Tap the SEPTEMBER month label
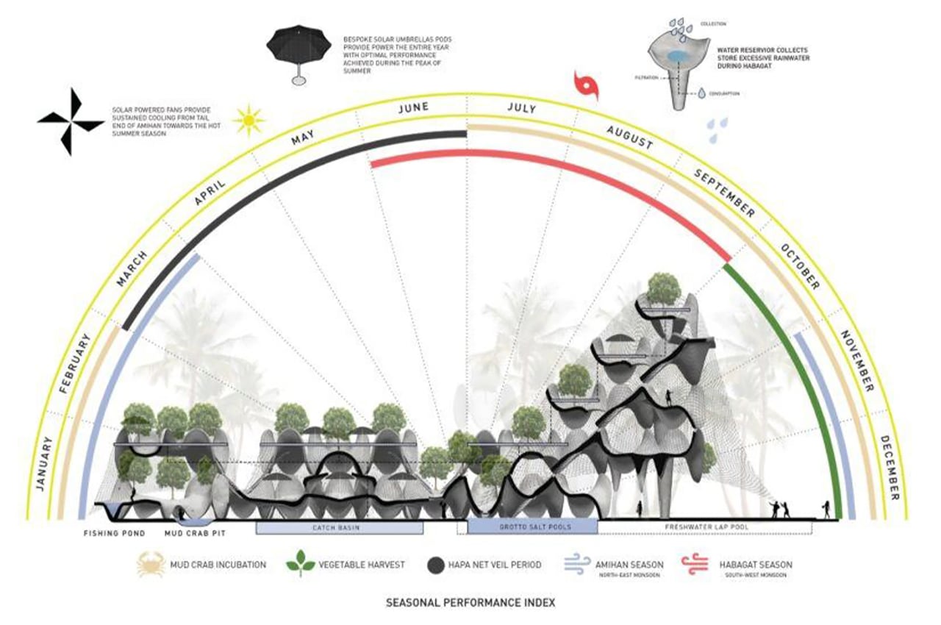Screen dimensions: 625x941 pyautogui.click(x=723, y=193)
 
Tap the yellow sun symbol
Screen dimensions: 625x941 pyautogui.click(x=248, y=119)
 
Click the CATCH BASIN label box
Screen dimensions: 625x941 pyautogui.click(x=339, y=527)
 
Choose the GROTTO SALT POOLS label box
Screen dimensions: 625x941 pyautogui.click(x=532, y=527)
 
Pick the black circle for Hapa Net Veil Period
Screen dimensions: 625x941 pyautogui.click(x=437, y=565)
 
